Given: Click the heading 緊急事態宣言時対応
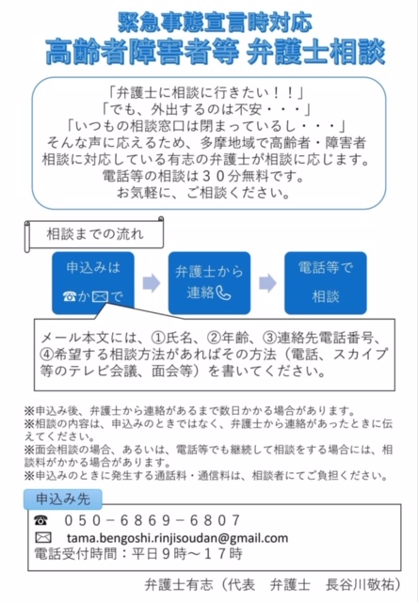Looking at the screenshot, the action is pos(215,23).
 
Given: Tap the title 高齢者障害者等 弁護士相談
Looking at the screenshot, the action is pos(216,52).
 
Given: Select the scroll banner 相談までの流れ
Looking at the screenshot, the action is pos(94,234).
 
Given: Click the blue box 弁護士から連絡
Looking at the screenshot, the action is pos(209,283).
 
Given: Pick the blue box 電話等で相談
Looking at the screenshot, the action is pos(326,283).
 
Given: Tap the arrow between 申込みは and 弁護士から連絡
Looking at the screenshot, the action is pos(152,283).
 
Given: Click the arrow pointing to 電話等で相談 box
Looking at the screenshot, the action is pos(267,283).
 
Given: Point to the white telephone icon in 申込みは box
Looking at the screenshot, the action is pos(70,296).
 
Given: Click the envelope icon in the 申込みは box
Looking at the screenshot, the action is pos(100,296).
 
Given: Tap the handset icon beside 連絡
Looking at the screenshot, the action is pos(224,293).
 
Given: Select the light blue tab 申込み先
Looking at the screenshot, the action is pos(63,499).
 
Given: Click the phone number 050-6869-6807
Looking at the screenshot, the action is pos(153,520).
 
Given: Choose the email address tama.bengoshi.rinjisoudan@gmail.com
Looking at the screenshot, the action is pos(177,537).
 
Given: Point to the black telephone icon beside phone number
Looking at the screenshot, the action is pos(40,520).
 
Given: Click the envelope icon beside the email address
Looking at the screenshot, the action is pos(42,537).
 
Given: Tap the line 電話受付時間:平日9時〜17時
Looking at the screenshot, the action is pos(138,554).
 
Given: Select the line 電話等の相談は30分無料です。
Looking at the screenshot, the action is pos(203,176).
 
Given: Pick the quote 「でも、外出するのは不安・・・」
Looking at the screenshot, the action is pos(205,109).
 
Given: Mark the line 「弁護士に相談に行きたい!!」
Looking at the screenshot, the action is pos(205,92).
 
